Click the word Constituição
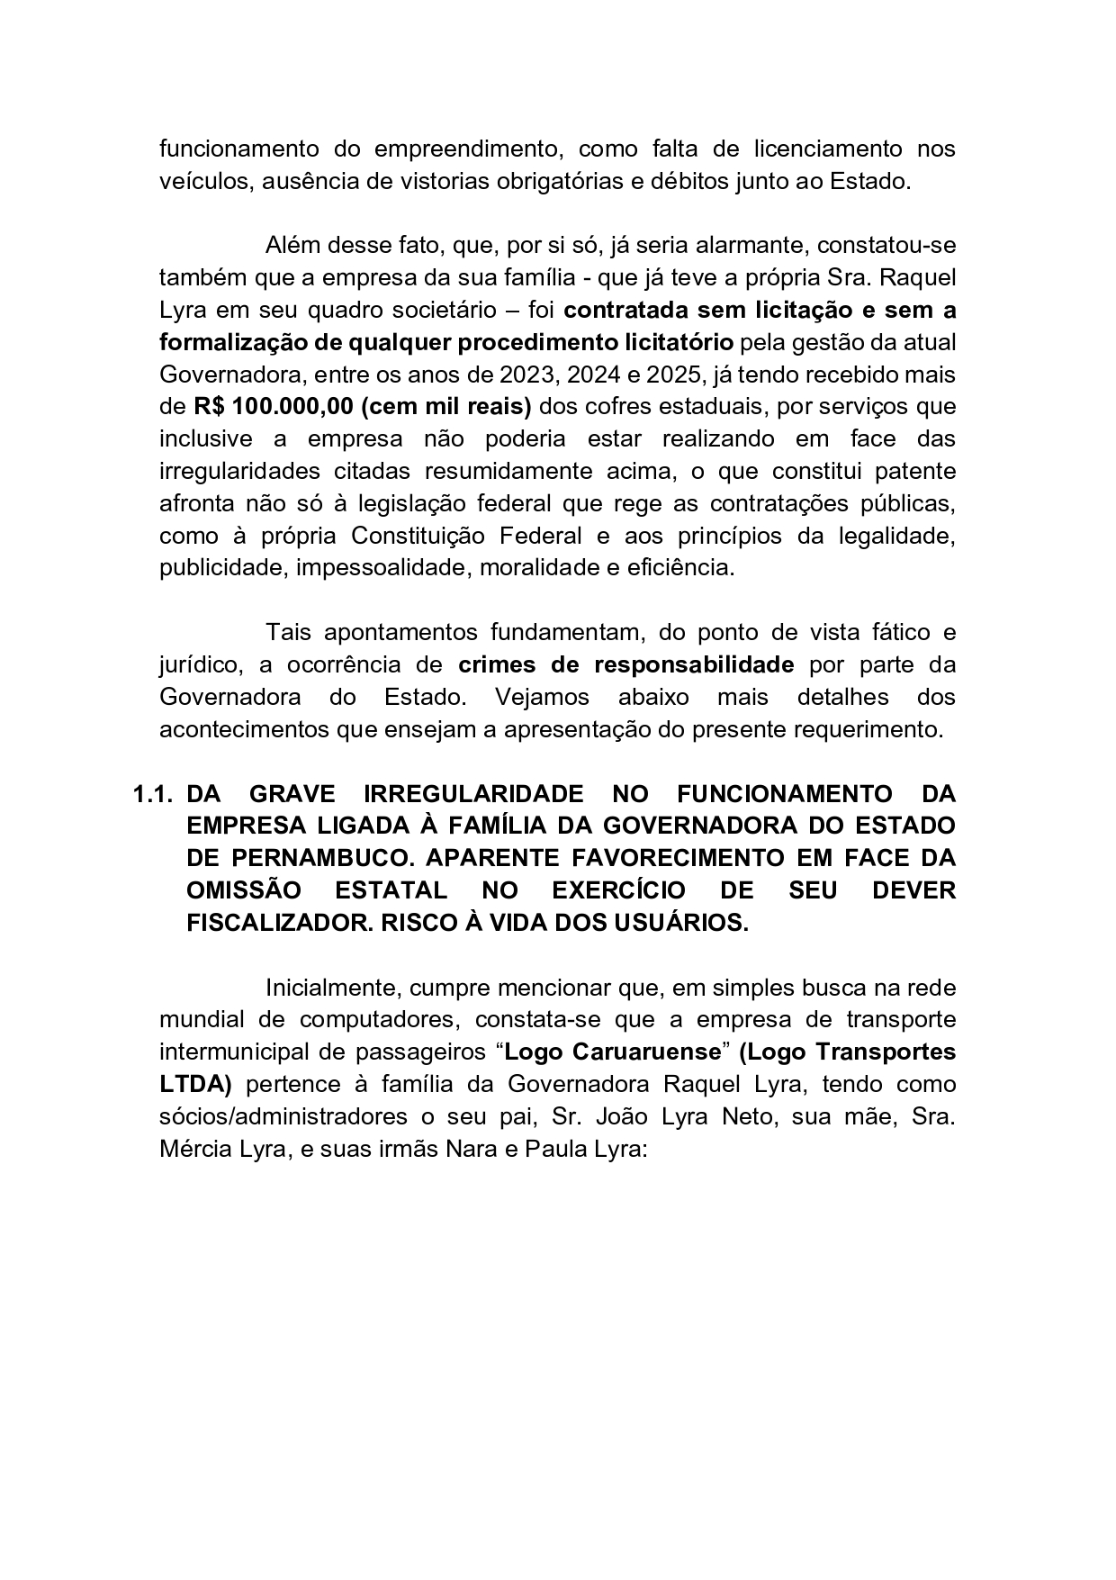point(421,536)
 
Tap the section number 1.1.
point(153,794)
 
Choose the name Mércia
point(195,1149)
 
